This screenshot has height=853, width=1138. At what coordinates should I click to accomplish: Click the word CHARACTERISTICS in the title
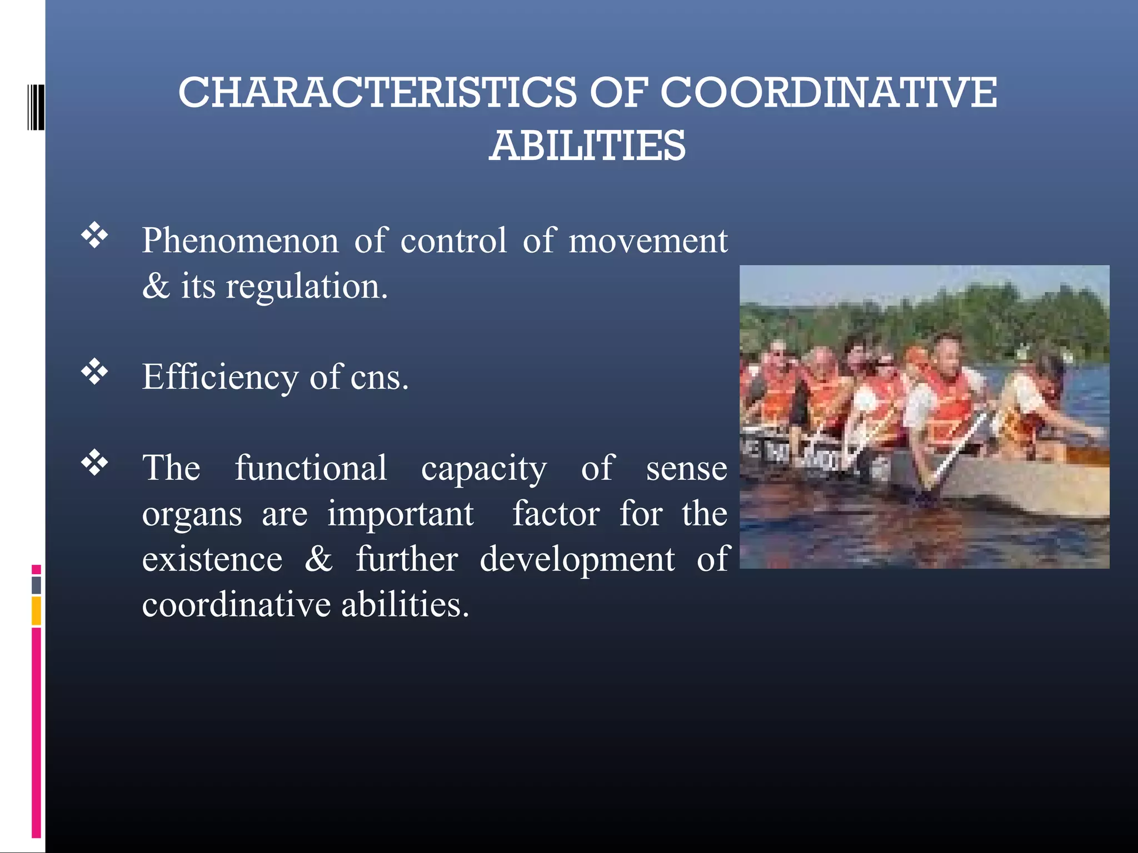coord(378,92)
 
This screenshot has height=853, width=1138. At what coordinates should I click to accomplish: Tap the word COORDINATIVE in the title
coord(828,92)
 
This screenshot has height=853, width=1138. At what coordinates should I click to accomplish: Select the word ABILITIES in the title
coord(587,145)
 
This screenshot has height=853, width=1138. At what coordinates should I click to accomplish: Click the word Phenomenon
coord(240,241)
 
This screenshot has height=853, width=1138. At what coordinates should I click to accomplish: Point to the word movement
coord(648,241)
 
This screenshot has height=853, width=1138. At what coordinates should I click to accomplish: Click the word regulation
coord(306,287)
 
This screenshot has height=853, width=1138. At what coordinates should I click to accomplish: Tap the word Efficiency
coord(220,378)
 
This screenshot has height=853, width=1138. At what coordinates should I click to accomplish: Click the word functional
coord(311,468)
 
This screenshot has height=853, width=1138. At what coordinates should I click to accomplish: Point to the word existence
coord(212,559)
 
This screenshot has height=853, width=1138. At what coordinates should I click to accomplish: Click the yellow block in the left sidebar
coord(36,610)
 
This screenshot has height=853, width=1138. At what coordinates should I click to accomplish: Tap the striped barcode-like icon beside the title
coord(36,107)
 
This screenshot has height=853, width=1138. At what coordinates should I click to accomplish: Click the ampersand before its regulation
coord(156,287)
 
